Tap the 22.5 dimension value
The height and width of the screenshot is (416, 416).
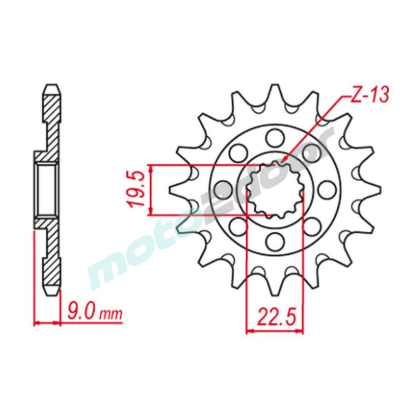[x=275, y=317]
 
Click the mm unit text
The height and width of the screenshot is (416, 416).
[x=111, y=314]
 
